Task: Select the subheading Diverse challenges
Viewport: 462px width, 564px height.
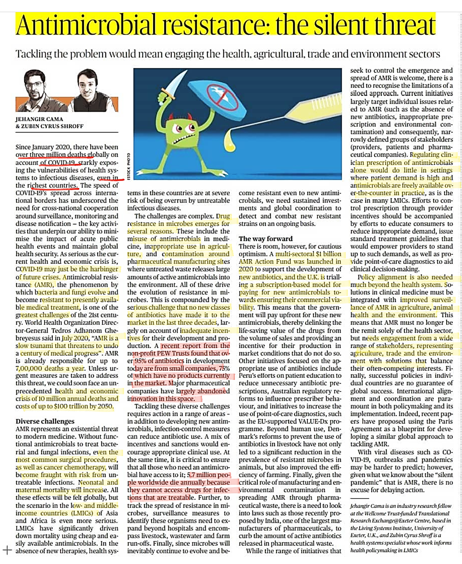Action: tap(45, 421)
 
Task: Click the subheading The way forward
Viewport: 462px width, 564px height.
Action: tap(265, 239)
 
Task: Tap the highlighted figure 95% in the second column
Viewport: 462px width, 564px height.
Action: tap(142, 361)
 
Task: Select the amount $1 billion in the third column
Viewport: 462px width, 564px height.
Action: tap(327, 254)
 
